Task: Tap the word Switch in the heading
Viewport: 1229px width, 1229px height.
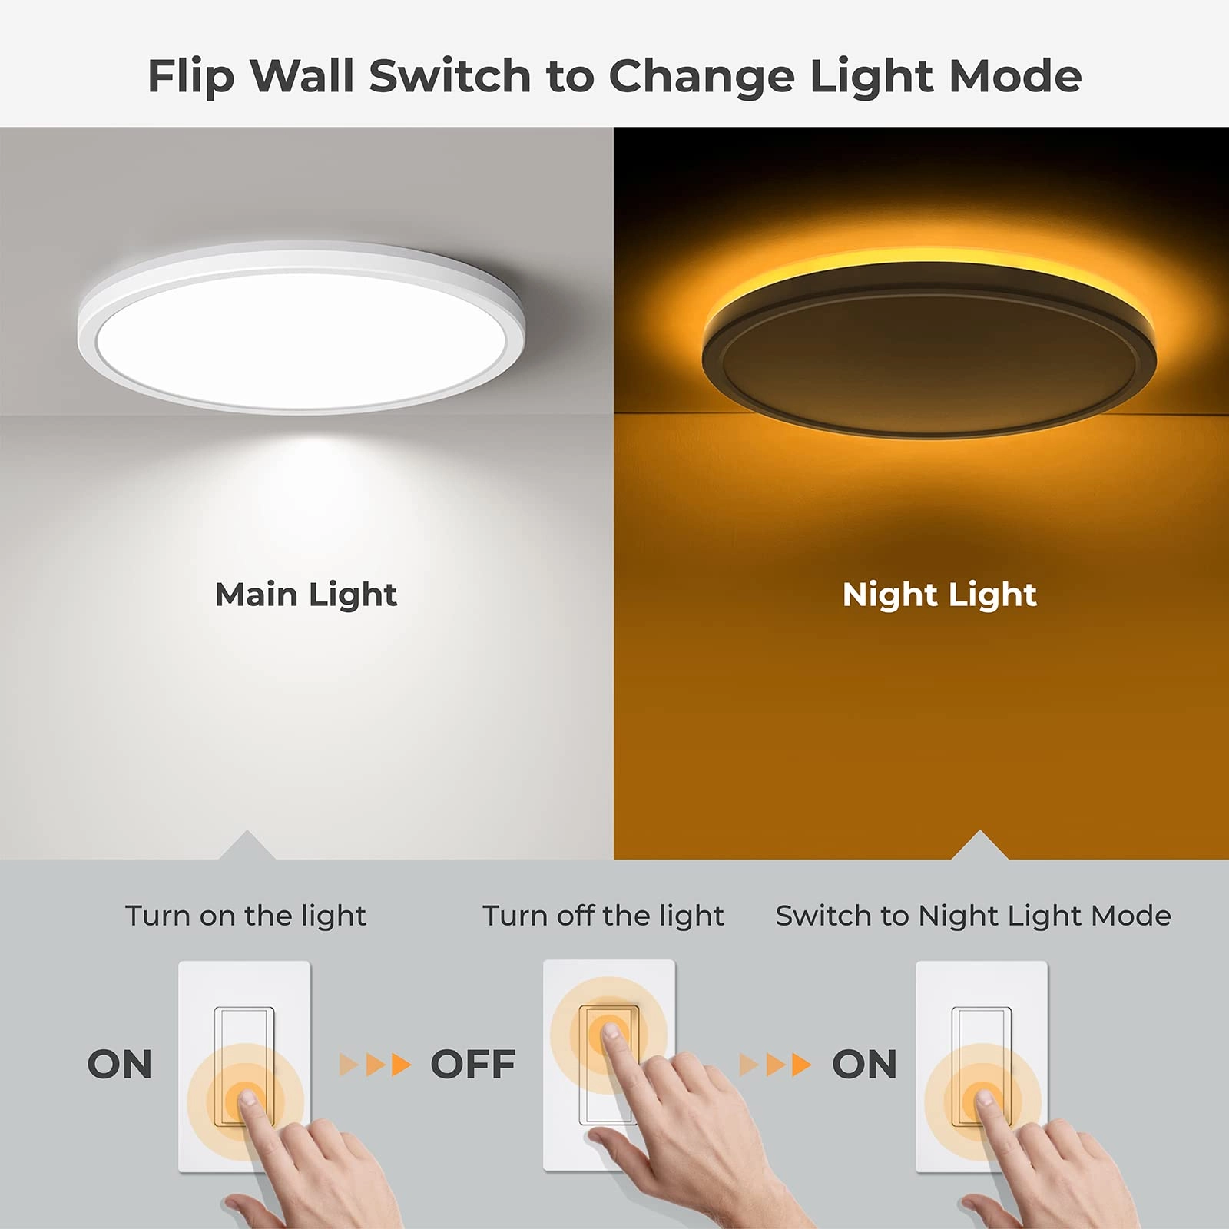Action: (450, 76)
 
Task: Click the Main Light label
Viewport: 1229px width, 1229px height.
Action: (306, 595)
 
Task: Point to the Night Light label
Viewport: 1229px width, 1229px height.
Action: (939, 595)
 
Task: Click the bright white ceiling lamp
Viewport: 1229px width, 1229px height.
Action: (301, 329)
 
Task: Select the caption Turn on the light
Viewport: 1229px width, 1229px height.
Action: (246, 916)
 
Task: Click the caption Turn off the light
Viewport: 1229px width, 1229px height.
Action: (603, 916)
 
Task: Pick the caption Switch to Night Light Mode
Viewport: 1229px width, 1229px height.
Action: (973, 916)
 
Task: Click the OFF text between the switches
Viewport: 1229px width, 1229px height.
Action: (472, 1065)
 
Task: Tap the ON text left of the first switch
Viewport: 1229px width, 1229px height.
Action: (120, 1065)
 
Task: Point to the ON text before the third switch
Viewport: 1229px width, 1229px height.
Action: (864, 1065)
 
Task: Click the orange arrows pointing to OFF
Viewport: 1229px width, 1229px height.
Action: (376, 1065)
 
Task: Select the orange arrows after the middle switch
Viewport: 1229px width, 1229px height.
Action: (775, 1065)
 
